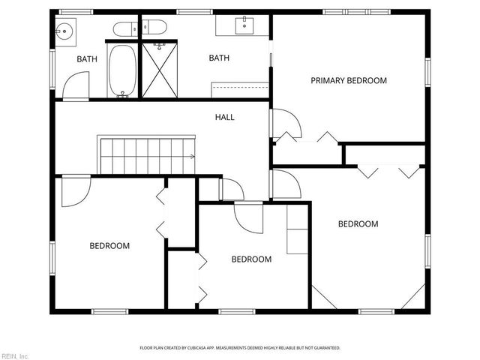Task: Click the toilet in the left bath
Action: tap(124, 29)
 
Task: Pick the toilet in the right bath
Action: tap(155, 28)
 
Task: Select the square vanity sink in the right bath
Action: tap(244, 25)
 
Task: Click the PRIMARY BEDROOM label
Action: tap(349, 80)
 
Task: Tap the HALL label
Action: tap(224, 117)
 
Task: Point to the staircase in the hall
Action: tap(147, 155)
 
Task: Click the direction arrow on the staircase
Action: tap(193, 156)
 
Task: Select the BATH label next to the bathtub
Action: tap(87, 58)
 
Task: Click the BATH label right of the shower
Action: tap(218, 58)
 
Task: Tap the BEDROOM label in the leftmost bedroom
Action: tap(109, 245)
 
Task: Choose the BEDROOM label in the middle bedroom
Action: tap(250, 259)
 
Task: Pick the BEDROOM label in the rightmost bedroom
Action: tap(358, 223)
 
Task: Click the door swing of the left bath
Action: tap(76, 86)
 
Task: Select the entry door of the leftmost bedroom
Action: tap(75, 190)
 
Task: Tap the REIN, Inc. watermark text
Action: tap(14, 355)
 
